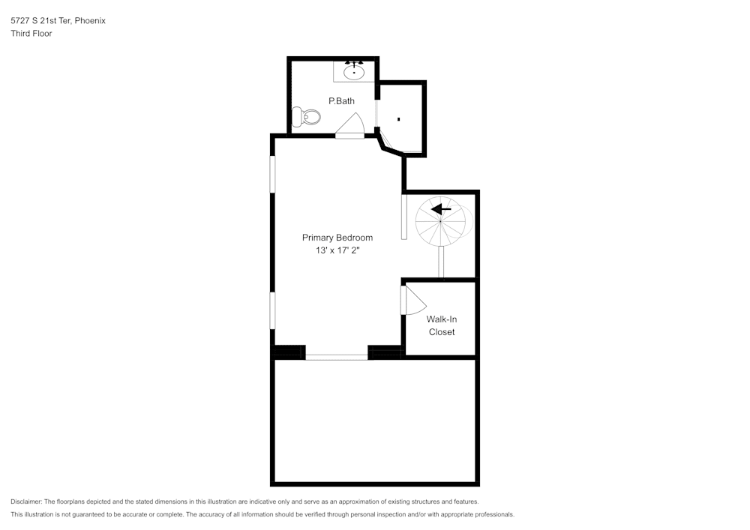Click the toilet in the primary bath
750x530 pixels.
(307, 117)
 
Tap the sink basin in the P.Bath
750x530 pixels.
(354, 73)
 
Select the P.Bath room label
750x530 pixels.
(341, 100)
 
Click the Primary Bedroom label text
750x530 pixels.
(337, 238)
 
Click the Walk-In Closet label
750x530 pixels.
(442, 325)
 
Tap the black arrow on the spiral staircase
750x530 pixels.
(442, 209)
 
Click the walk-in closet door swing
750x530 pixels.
(412, 301)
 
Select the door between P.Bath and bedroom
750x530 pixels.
(350, 127)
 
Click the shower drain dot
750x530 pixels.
(399, 119)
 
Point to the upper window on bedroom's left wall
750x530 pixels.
(273, 174)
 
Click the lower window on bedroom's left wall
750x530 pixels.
(273, 310)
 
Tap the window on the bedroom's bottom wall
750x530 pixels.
(337, 357)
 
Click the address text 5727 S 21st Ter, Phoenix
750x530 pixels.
(58, 21)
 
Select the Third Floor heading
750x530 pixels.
(31, 34)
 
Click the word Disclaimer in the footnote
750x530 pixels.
(26, 502)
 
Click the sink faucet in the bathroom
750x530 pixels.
(354, 64)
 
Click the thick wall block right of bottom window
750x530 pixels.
(386, 352)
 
